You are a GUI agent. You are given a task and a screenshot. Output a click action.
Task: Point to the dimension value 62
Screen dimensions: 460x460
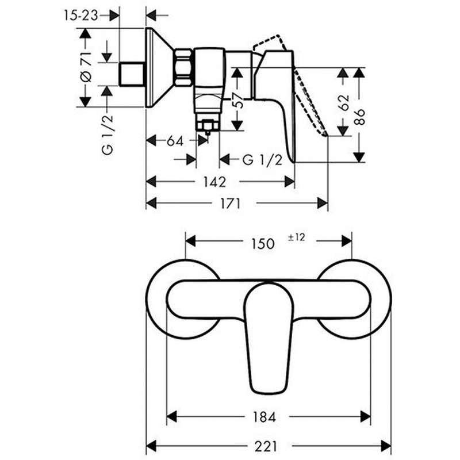coord(344,103)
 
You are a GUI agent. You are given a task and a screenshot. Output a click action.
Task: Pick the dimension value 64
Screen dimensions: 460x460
coord(170,140)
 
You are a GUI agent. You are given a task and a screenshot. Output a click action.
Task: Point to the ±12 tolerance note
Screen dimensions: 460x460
coord(296,237)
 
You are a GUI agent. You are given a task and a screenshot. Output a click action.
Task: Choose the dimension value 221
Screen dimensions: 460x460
coord(269,446)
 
